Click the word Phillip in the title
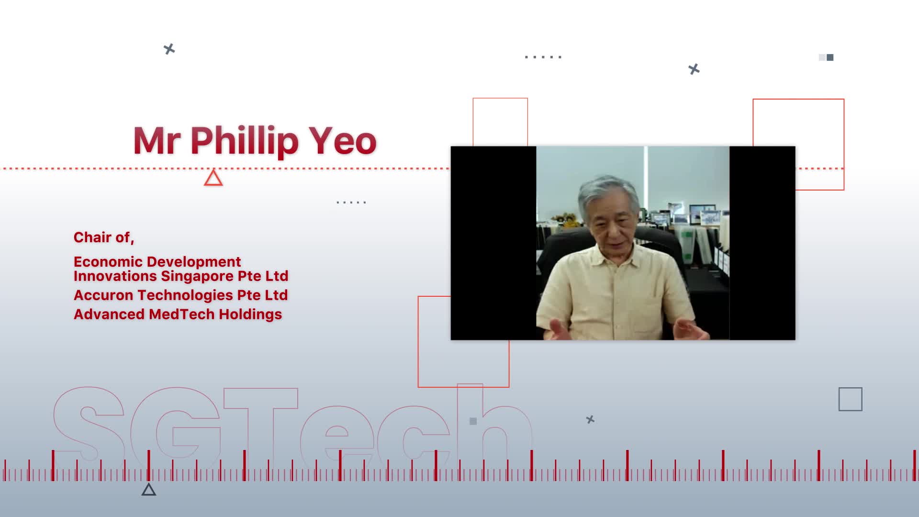point(245,141)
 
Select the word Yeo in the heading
point(343,141)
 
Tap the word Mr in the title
point(157,141)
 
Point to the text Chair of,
point(104,237)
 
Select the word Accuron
point(103,295)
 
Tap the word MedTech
point(181,314)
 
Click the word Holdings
point(250,315)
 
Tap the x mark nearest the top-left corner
point(169,49)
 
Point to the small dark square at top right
point(830,57)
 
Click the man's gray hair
point(608,191)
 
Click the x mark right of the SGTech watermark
point(590,419)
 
